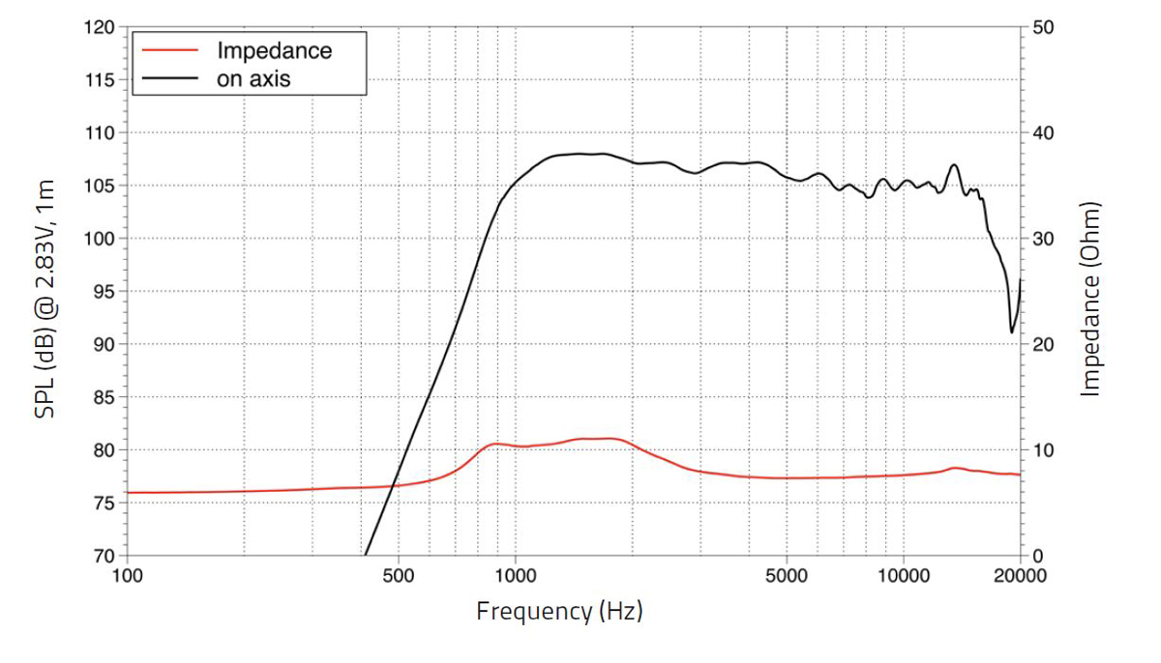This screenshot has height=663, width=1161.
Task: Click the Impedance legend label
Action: click(x=274, y=50)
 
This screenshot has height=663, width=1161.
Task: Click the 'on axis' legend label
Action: click(x=253, y=79)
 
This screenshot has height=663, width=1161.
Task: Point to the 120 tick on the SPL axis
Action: click(x=101, y=27)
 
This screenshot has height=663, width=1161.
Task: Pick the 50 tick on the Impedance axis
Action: click(x=1042, y=27)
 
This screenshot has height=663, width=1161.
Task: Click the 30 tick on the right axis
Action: click(x=1042, y=239)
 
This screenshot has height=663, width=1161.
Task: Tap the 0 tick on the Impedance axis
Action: click(x=1037, y=556)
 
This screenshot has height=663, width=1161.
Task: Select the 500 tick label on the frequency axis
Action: click(x=399, y=576)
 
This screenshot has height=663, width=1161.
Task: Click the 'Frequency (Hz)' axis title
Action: click(x=559, y=612)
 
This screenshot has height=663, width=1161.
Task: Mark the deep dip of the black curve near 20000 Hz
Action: click(x=1012, y=331)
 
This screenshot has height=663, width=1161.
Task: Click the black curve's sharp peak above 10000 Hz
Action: click(x=955, y=165)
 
